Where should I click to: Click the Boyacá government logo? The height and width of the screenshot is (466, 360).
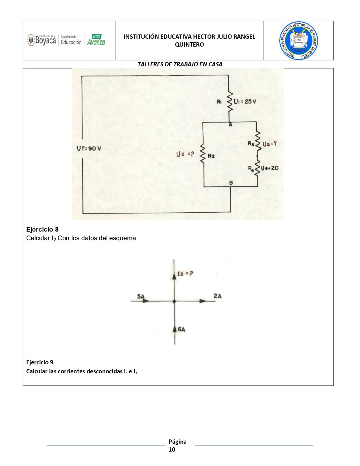[42, 40]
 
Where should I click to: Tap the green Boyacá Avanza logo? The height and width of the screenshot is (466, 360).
[96, 40]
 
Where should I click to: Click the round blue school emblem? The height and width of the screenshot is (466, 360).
[298, 41]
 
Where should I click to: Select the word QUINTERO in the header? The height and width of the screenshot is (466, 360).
[189, 45]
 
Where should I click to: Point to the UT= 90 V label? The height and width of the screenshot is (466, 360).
[89, 149]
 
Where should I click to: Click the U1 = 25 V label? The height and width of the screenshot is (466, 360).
[245, 102]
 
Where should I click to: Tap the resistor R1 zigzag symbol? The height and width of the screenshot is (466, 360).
[230, 102]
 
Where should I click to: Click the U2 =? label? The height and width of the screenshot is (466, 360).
[185, 154]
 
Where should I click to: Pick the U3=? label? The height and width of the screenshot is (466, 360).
[269, 144]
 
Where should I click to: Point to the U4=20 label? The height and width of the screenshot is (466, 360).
[270, 168]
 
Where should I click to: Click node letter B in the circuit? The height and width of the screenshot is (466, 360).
[231, 183]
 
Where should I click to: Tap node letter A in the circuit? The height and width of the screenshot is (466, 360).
[230, 125]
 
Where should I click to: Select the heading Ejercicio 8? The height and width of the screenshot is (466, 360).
[42, 229]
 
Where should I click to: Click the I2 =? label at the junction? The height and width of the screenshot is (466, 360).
[185, 274]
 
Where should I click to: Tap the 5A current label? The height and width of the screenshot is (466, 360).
[141, 296]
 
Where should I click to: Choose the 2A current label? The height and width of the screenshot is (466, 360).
[217, 296]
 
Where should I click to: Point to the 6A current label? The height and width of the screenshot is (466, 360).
[182, 329]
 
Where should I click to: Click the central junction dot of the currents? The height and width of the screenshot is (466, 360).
[174, 301]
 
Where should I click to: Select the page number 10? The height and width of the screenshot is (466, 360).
[172, 449]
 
